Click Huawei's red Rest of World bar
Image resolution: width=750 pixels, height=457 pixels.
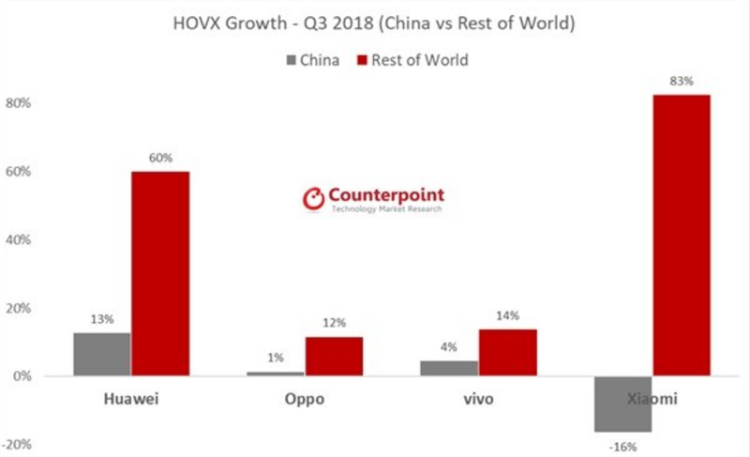160,273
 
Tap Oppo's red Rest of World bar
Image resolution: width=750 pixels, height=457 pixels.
334,356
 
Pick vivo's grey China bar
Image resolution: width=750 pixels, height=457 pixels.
450,368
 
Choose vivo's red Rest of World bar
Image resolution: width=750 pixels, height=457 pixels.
507,352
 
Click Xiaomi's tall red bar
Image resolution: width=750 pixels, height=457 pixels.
682,235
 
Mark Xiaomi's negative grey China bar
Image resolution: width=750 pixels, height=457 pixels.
623,404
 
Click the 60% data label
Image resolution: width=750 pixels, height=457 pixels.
160,159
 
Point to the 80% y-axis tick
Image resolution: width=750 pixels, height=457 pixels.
20,103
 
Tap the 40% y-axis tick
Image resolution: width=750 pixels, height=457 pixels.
20,240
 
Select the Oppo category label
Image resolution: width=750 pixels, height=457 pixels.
305,400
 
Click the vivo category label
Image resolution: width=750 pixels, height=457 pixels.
478,400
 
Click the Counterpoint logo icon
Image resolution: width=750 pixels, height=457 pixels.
312,198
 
